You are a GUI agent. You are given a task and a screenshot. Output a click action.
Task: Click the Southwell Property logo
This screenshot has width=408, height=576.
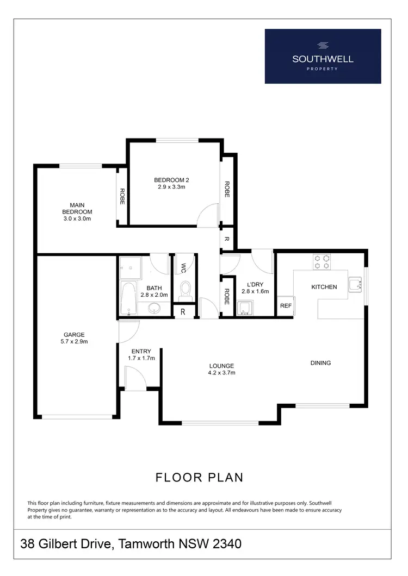(323, 56)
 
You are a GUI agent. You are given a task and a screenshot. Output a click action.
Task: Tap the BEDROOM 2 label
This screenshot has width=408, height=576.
(171, 184)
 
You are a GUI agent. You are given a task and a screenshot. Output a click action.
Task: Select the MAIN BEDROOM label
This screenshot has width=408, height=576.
(77, 212)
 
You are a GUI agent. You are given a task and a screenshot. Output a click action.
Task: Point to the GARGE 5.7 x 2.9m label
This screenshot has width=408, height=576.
(74, 339)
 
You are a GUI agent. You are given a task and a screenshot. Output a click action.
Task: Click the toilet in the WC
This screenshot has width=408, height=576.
(185, 288)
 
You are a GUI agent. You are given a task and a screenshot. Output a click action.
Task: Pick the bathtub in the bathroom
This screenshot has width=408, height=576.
(128, 299)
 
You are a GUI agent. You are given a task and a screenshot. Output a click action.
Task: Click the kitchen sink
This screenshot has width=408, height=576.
(356, 284)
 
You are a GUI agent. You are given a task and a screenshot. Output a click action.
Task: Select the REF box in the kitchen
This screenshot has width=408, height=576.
(286, 306)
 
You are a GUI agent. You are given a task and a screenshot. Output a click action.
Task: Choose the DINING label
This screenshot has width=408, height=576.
(320, 363)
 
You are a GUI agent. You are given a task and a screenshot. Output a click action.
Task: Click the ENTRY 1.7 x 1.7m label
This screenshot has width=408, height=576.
(141, 355)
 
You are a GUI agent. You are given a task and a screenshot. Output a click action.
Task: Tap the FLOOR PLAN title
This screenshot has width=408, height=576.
(199, 478)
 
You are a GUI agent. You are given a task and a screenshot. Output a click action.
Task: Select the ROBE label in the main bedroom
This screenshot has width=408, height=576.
(122, 196)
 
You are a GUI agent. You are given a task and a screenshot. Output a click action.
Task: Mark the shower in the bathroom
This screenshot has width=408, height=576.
(129, 266)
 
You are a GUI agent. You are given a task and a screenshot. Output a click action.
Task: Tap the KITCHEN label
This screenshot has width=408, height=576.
(324, 287)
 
